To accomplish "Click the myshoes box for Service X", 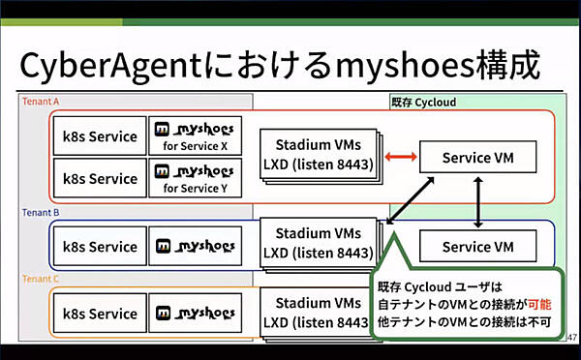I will click(x=196, y=136).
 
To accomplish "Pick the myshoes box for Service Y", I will click(x=196, y=178).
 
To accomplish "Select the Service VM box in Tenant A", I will click(x=477, y=156).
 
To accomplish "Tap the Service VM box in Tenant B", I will click(x=477, y=247).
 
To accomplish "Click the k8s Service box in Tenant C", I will click(x=100, y=314).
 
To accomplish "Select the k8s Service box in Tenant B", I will click(x=100, y=247).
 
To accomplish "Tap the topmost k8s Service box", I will click(x=100, y=136).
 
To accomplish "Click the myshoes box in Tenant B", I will click(x=196, y=247).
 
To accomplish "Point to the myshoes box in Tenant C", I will click(x=196, y=314).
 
